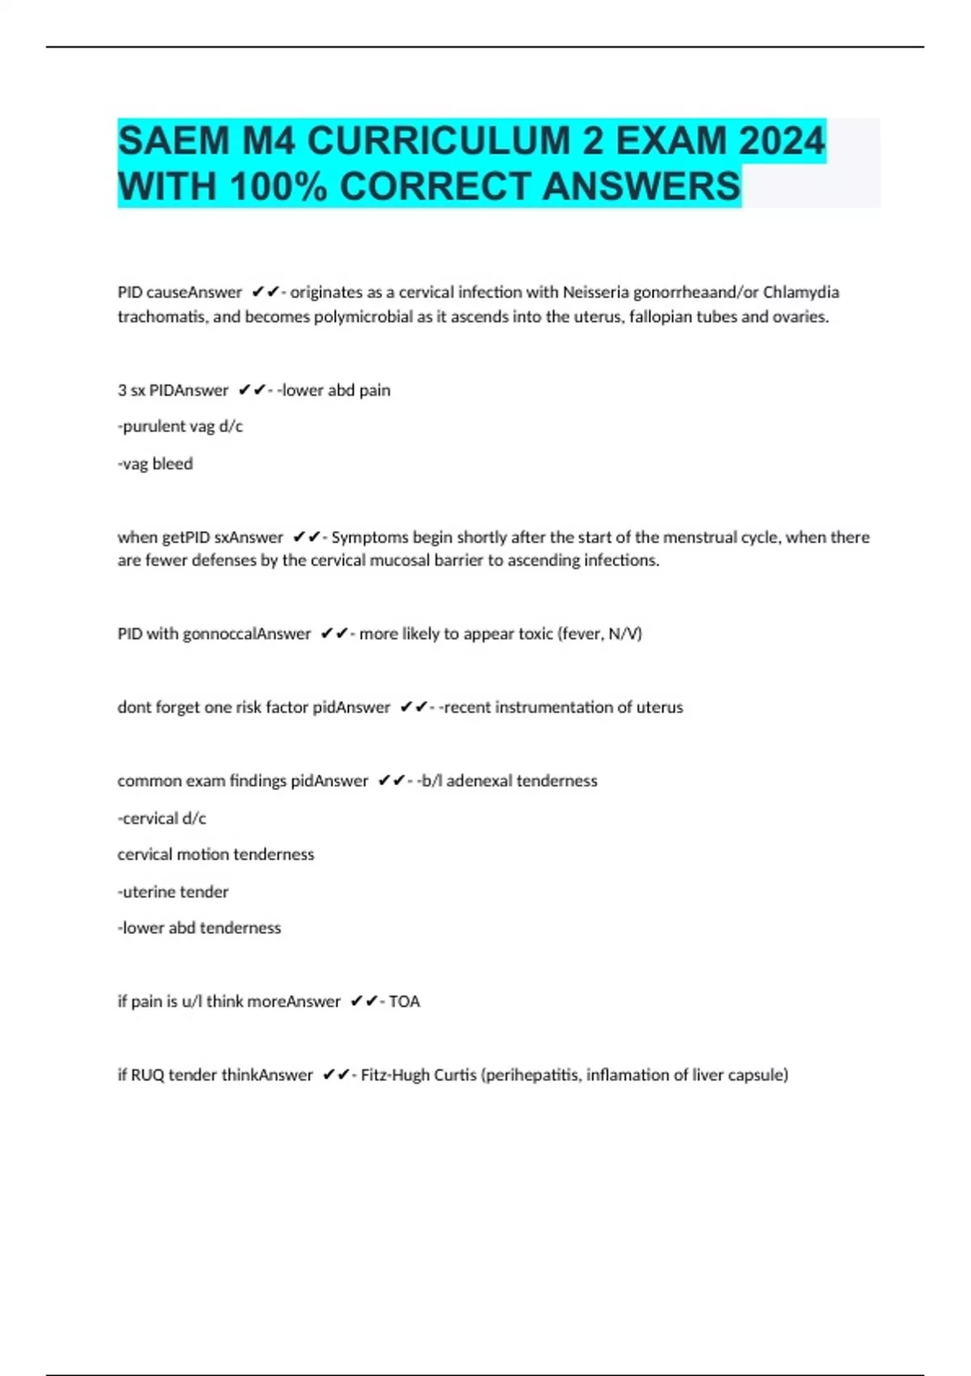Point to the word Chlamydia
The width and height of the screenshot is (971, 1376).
click(x=800, y=292)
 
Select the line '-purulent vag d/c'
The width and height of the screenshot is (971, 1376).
click(x=180, y=426)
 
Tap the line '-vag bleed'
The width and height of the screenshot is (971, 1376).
click(x=155, y=464)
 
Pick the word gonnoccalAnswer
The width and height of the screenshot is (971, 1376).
click(x=247, y=634)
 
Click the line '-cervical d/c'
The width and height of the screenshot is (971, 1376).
click(x=161, y=818)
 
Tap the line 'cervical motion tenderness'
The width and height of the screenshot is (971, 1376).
click(x=215, y=855)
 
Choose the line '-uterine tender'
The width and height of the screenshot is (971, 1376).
click(x=172, y=892)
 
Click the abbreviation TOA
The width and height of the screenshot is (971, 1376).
click(x=405, y=1002)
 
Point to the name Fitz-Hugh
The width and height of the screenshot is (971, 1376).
click(x=396, y=1076)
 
